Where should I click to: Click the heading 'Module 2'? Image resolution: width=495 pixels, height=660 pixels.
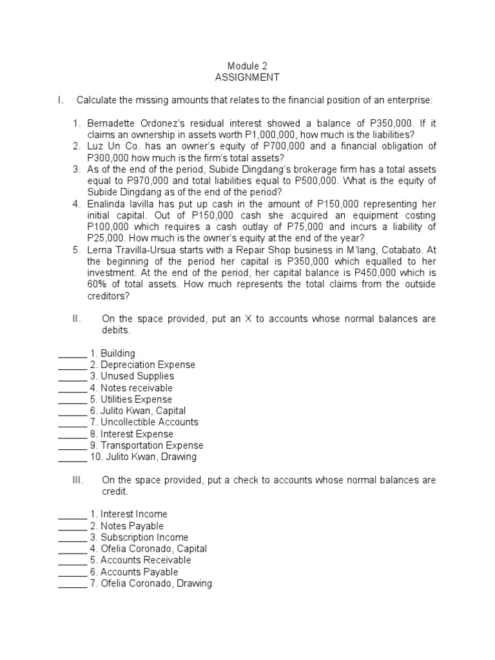[x=247, y=66]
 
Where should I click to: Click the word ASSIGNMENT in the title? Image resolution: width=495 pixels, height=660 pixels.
[x=247, y=77]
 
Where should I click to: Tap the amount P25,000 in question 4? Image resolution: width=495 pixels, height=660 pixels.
[x=107, y=239]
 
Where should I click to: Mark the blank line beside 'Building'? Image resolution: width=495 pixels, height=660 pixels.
[x=72, y=354]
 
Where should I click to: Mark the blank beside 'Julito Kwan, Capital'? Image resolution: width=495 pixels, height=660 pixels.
[x=72, y=412]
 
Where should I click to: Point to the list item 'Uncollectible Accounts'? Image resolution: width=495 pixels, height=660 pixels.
[x=149, y=422]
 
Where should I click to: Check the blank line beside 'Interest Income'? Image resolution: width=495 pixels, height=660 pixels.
[x=72, y=515]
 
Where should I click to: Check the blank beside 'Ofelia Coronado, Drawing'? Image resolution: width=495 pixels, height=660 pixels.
[x=72, y=585]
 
